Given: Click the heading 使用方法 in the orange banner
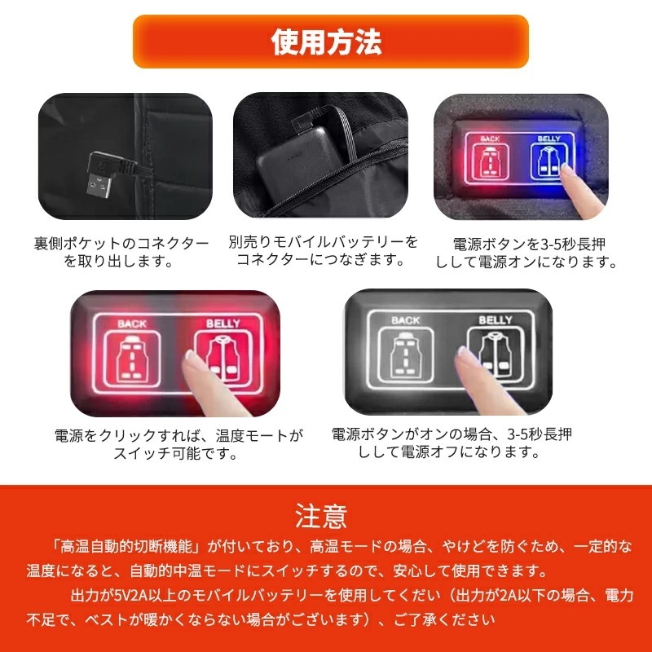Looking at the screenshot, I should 326,42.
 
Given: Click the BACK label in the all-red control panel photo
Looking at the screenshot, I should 132,324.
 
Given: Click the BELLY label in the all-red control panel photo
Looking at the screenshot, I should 222,324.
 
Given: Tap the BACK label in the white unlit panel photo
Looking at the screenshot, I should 406,319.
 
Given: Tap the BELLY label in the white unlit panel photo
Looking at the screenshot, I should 495,319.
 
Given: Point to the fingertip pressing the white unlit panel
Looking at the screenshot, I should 467,358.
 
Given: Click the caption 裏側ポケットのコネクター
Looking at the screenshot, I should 121,244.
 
